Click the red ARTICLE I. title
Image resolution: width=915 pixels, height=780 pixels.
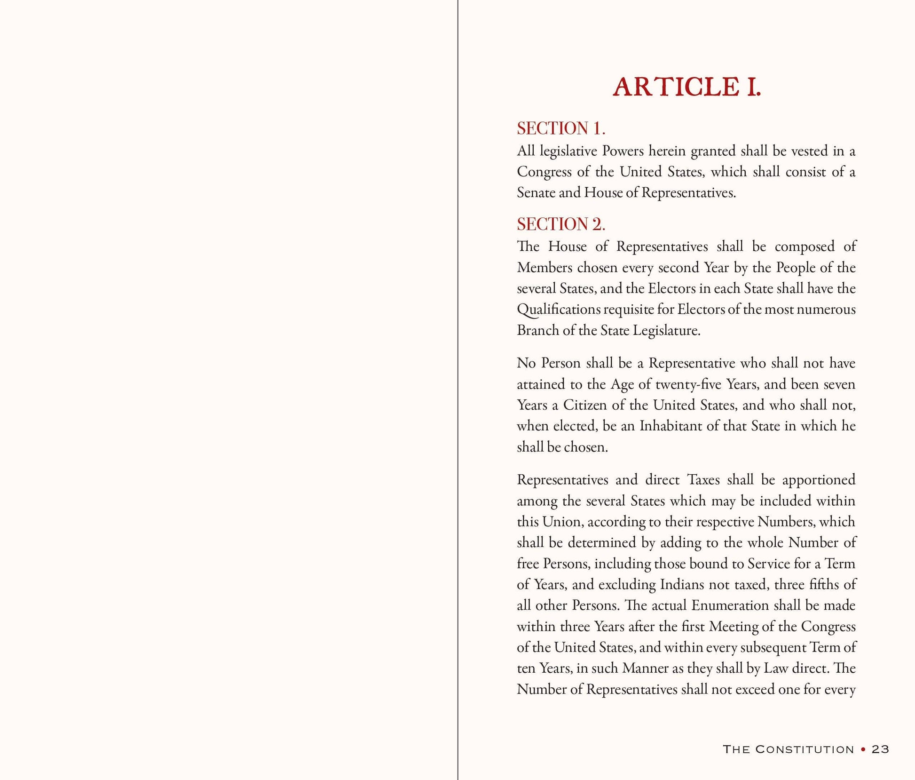coord(686,88)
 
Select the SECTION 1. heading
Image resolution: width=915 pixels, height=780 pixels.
coord(561,128)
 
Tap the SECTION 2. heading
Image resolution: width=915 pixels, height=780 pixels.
coord(561,224)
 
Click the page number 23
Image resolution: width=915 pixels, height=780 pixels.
coord(880,749)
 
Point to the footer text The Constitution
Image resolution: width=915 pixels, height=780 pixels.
coord(788,749)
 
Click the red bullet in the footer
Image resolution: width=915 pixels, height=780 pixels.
coord(863,749)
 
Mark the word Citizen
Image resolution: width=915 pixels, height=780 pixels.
coord(585,405)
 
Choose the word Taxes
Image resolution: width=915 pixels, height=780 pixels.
coord(703,480)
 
